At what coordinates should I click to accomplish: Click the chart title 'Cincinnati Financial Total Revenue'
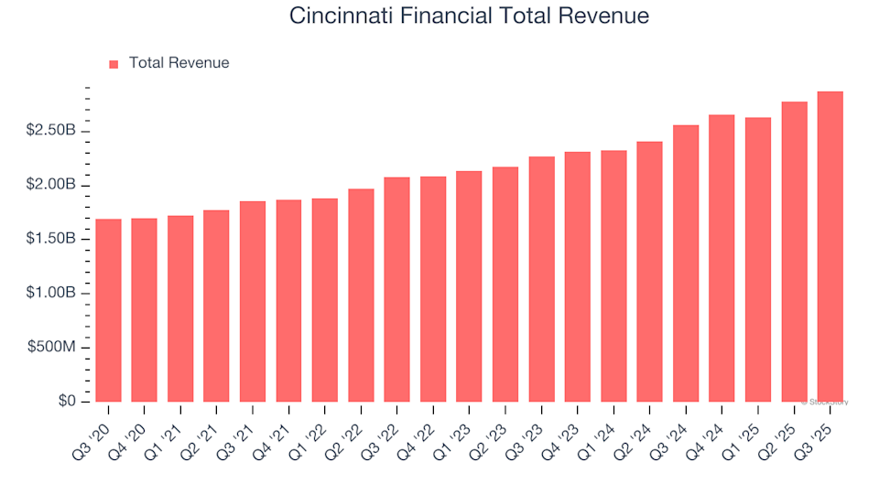[x=469, y=16]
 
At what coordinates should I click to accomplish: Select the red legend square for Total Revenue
[x=114, y=64]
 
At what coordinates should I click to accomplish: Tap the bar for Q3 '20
[x=108, y=310]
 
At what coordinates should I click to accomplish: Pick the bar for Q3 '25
[x=830, y=247]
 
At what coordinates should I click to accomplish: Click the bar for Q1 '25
[x=758, y=260]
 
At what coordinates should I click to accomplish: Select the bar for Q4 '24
[x=722, y=258]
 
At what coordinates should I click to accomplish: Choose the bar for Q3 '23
[x=541, y=279]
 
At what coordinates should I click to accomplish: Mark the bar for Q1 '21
[x=180, y=308]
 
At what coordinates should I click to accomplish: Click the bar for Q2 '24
[x=649, y=272]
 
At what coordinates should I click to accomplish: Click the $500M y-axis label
[x=56, y=348]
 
